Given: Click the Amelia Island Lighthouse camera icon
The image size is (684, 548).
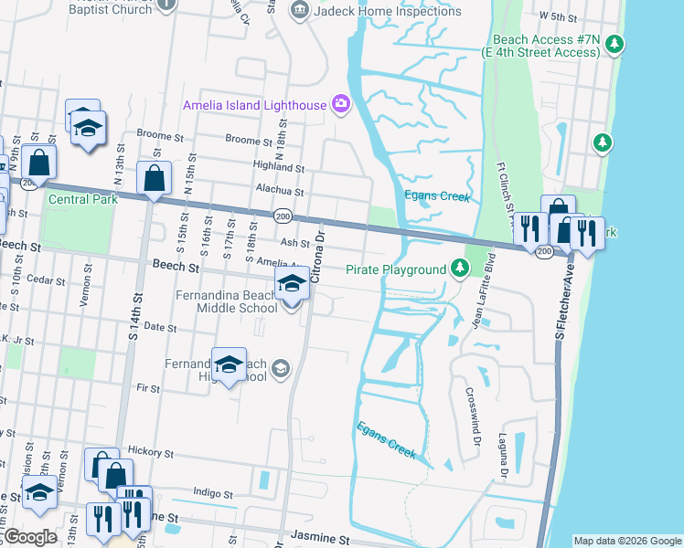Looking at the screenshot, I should [x=341, y=105].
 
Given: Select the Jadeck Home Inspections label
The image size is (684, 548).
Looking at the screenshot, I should [x=389, y=11].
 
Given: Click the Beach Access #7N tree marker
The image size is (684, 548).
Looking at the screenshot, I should [x=615, y=43].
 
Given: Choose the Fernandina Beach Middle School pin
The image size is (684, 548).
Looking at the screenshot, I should [x=292, y=286].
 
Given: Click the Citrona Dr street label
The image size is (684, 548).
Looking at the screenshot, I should [x=317, y=257].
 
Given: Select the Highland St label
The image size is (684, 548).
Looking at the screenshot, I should [x=279, y=168].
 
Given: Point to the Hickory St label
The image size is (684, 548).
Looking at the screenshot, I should [x=151, y=451].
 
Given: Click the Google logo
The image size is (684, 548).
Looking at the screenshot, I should [x=30, y=537].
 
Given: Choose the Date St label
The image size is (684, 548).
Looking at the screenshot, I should [x=159, y=326].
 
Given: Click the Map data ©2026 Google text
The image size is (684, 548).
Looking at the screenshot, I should [x=626, y=541].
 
